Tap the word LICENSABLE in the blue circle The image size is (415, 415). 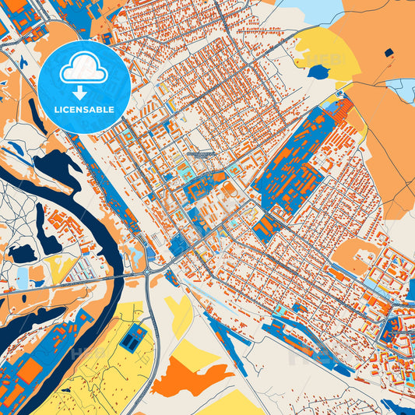[83, 110]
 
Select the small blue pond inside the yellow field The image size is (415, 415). [318, 72]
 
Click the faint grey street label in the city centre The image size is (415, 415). [201, 155]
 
